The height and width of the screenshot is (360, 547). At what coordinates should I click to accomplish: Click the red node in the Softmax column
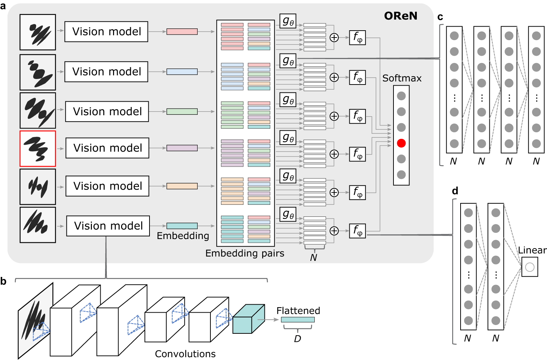[401, 143]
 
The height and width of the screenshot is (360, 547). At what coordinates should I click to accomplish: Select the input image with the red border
[38, 149]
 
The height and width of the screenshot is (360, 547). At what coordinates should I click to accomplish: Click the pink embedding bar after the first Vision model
[182, 32]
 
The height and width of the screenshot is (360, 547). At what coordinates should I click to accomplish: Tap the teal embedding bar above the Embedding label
[182, 226]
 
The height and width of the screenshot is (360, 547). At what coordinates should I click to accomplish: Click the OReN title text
[400, 16]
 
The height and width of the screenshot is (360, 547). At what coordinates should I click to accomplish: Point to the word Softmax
[401, 78]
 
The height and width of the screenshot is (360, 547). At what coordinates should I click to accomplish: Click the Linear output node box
[529, 267]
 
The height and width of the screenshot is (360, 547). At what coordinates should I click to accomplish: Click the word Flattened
[298, 311]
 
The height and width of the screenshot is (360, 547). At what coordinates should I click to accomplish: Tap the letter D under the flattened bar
[298, 339]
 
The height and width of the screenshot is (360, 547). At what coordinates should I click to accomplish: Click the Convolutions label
[185, 354]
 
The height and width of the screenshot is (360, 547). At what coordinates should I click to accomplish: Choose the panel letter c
[440, 17]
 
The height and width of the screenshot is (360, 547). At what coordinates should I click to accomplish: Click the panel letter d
[455, 191]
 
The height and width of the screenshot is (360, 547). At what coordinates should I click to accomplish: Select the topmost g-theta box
[288, 21]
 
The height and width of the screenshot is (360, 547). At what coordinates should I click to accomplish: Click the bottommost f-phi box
[357, 231]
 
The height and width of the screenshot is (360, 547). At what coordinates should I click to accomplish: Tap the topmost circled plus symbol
[334, 38]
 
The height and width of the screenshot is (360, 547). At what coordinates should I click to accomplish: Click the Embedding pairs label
[245, 253]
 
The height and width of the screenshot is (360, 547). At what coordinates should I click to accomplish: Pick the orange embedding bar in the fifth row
[182, 186]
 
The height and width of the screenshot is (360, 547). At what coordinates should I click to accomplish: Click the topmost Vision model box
[106, 32]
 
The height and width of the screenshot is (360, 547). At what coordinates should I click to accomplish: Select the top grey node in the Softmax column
[401, 96]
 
